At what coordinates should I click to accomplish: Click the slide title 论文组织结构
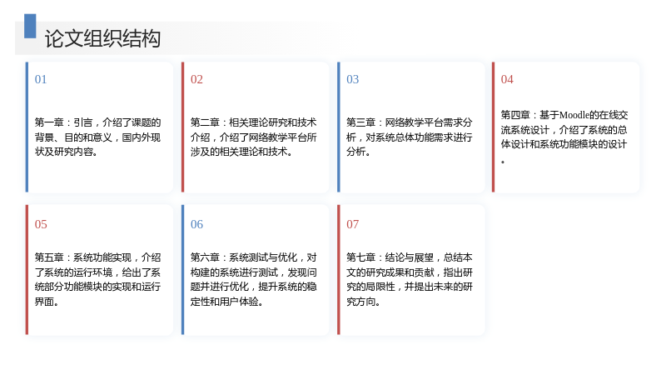[102, 38]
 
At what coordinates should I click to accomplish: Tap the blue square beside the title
[30, 26]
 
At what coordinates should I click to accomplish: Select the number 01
[41, 79]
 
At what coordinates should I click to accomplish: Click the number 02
[196, 79]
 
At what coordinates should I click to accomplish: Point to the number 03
[352, 79]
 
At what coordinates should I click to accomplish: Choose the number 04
[507, 79]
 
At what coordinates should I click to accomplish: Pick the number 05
[41, 224]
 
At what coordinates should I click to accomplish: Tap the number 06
[196, 224]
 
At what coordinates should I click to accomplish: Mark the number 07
[352, 224]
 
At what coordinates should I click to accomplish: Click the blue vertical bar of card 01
[27, 127]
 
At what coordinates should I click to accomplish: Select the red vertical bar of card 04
[493, 127]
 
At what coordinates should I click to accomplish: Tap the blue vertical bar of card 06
[182, 269]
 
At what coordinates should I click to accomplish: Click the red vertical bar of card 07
[339, 269]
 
